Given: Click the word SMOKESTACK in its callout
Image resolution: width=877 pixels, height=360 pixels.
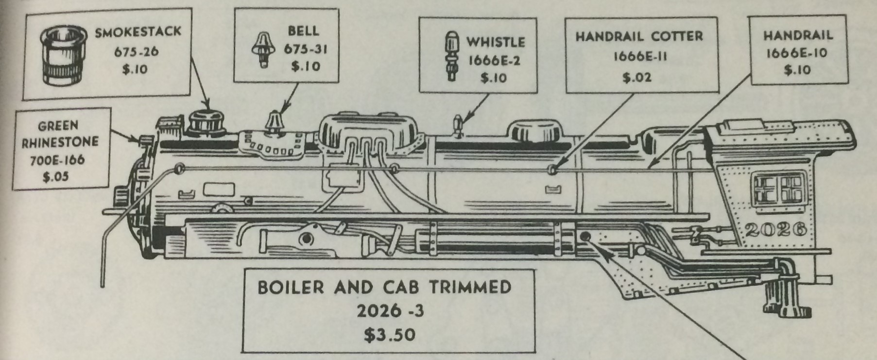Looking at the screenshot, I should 138,33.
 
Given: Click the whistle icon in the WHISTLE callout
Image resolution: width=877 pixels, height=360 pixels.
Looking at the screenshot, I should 450,55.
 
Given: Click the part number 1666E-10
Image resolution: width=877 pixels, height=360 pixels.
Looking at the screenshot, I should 797,53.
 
